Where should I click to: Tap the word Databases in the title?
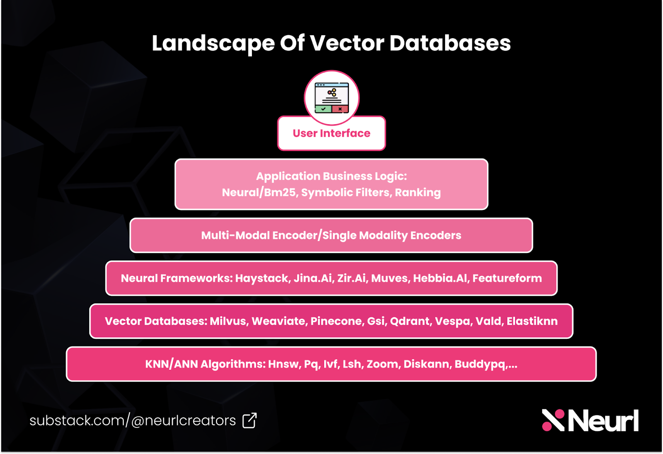(450, 43)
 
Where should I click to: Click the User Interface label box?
(331, 133)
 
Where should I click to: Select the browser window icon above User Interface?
(331, 98)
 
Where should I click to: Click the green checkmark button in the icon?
(323, 109)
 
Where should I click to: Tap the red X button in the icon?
(340, 109)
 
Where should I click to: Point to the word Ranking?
(418, 193)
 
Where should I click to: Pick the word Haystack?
(262, 278)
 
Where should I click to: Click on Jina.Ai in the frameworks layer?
(313, 278)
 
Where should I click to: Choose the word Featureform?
(507, 278)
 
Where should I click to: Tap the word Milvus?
(228, 321)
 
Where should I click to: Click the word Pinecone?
(336, 321)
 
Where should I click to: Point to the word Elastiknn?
(532, 321)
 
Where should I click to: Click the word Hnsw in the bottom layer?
(283, 365)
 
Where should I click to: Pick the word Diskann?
(426, 365)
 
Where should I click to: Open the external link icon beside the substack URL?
(249, 420)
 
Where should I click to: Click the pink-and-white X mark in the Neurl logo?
(553, 420)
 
